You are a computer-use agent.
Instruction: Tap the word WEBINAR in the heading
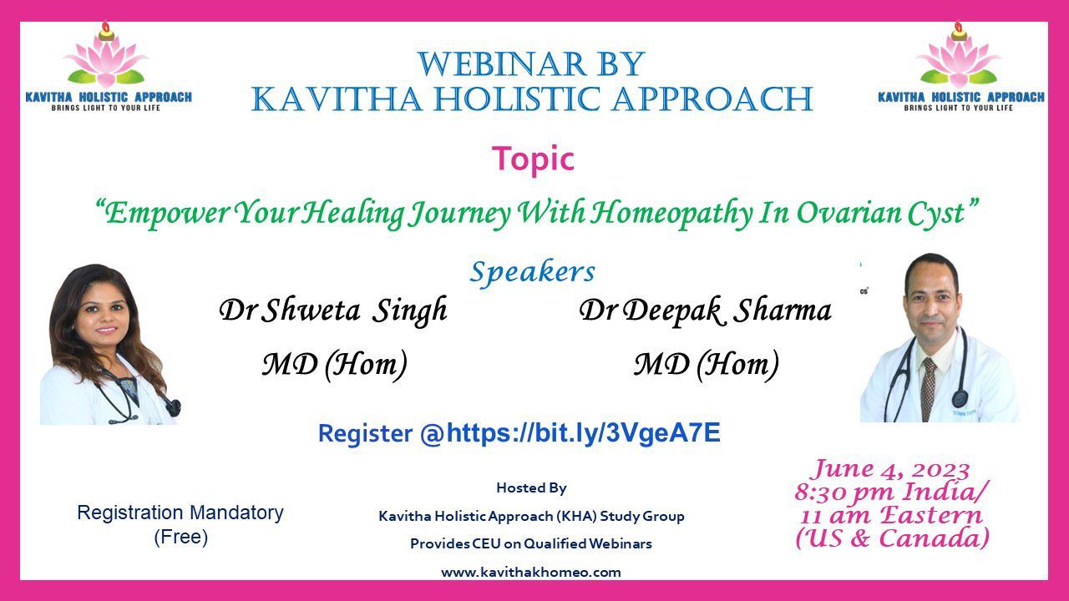[x=502, y=64]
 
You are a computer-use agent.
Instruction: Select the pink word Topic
[x=533, y=159]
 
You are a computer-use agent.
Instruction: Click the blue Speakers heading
[x=533, y=272]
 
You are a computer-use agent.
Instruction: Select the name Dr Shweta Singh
[x=333, y=311]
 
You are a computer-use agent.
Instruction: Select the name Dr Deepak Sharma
[x=706, y=311]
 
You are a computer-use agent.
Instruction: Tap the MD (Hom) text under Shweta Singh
[x=335, y=365]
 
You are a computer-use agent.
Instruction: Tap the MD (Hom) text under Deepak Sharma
[x=707, y=365]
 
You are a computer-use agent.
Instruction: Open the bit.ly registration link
[x=583, y=433]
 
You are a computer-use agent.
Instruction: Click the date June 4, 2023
[x=891, y=469]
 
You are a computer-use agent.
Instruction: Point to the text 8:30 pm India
[x=888, y=492]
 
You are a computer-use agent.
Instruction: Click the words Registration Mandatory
[x=180, y=513]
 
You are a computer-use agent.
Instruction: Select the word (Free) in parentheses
[x=181, y=537]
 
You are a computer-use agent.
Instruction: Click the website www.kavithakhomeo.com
[x=531, y=573]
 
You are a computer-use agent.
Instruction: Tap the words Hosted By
[x=532, y=488]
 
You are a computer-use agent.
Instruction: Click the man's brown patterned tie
[x=928, y=389]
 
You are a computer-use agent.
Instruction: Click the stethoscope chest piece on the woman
[x=174, y=407]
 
